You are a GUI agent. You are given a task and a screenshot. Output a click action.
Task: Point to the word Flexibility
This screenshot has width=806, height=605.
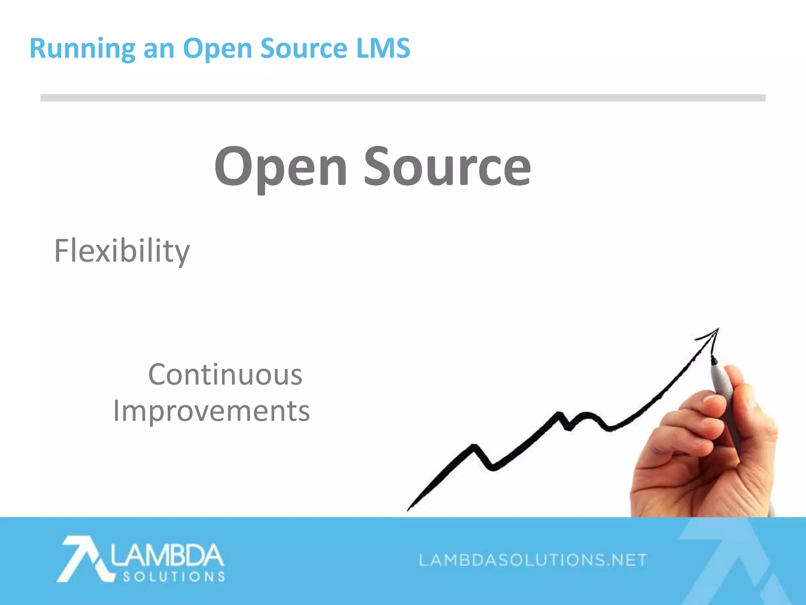click(122, 251)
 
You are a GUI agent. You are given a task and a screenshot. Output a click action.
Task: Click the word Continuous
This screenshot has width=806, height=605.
click(225, 375)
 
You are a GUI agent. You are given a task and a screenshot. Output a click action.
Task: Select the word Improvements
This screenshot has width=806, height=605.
click(211, 411)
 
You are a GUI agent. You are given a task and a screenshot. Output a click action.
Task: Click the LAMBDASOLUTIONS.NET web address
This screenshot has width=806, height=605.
click(533, 560)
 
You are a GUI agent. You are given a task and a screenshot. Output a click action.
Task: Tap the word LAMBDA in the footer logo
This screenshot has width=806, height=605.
click(167, 555)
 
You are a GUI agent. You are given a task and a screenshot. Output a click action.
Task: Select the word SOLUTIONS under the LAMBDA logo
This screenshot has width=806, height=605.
click(174, 577)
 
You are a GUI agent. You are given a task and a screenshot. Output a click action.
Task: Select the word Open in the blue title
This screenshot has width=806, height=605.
click(217, 49)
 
